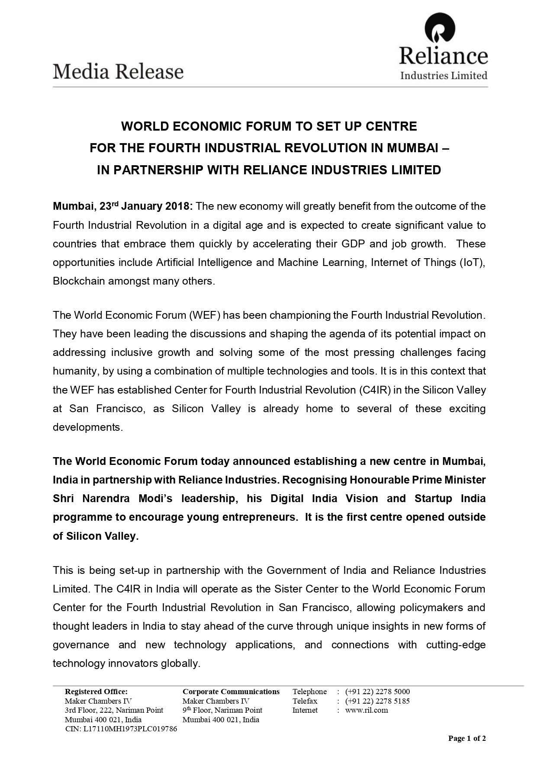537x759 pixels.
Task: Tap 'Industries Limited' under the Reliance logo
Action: click(x=444, y=76)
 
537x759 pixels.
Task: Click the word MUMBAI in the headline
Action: click(x=412, y=148)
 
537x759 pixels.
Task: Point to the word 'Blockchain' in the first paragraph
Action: click(x=79, y=281)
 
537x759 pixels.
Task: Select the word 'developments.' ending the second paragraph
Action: click(x=88, y=427)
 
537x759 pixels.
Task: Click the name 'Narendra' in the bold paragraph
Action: click(x=106, y=499)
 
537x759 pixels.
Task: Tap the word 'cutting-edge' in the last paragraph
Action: click(x=456, y=645)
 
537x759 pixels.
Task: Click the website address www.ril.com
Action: click(x=366, y=710)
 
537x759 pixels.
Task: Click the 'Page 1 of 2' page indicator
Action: click(x=466, y=738)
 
